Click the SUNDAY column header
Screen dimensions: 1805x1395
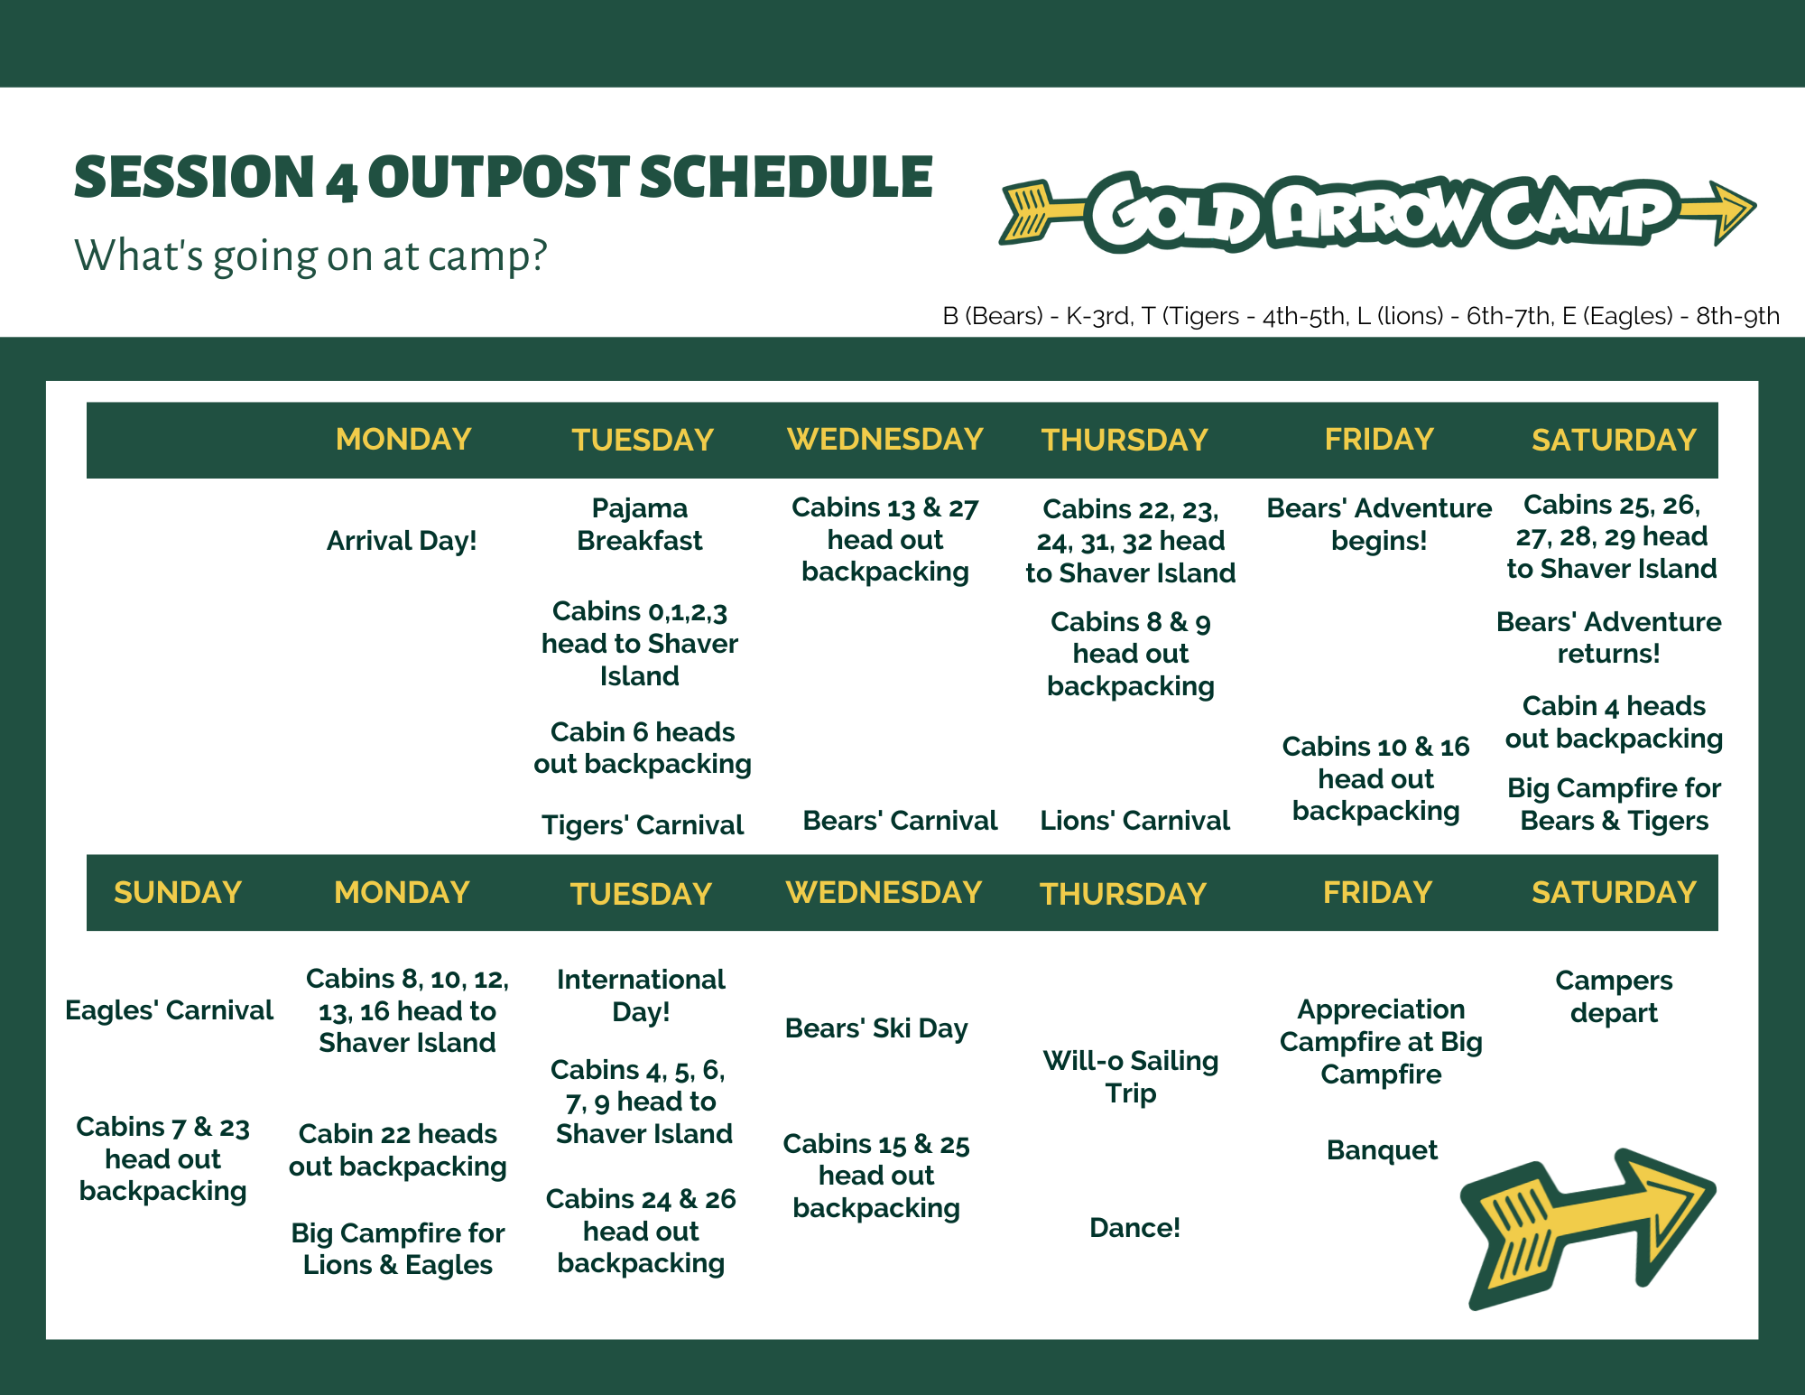(x=178, y=892)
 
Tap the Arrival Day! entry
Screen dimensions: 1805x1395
(x=402, y=541)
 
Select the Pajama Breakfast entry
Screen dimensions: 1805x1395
(x=640, y=525)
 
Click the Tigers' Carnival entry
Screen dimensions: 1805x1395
(x=643, y=825)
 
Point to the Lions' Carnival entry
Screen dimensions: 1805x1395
(x=1134, y=821)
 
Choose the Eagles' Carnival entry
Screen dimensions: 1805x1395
(x=169, y=1010)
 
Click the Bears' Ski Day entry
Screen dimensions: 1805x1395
(x=876, y=1028)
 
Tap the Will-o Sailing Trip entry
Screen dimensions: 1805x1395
(x=1131, y=1077)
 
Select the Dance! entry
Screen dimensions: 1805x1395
(x=1134, y=1228)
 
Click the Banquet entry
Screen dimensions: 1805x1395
(x=1382, y=1150)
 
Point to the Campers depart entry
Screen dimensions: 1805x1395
(x=1614, y=997)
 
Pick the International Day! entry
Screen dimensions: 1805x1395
(x=641, y=996)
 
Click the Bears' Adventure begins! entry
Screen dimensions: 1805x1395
(x=1379, y=525)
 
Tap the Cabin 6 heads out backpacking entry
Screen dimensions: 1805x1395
(x=643, y=748)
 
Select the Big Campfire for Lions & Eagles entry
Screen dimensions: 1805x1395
(x=398, y=1249)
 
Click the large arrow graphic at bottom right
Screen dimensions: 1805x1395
(x=1588, y=1228)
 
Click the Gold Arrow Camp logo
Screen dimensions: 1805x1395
(x=1378, y=213)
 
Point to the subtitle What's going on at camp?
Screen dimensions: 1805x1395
(x=310, y=256)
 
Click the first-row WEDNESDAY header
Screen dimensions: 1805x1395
(x=885, y=440)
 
